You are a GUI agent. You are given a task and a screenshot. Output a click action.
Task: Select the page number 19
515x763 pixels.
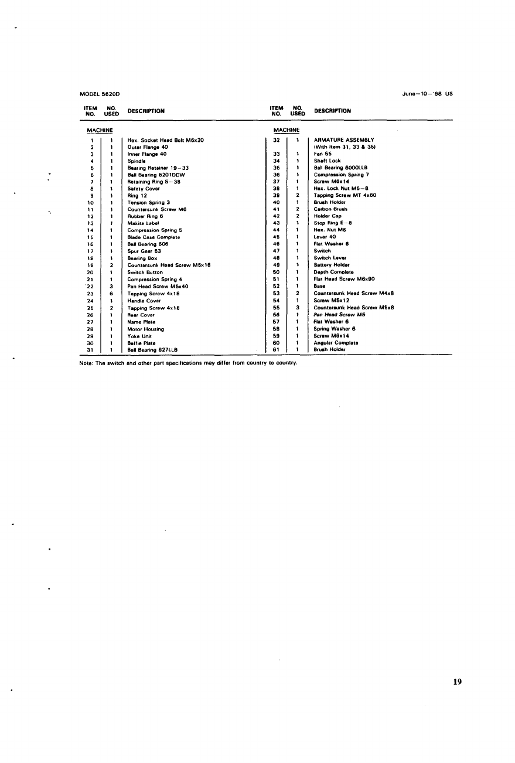[457, 681]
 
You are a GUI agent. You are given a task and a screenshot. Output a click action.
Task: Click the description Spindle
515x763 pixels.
[137, 161]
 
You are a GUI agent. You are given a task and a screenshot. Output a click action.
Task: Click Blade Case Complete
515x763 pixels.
[154, 237]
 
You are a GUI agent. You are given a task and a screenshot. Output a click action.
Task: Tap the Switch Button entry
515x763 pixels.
[145, 272]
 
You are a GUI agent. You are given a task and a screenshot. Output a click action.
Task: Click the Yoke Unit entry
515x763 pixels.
[139, 336]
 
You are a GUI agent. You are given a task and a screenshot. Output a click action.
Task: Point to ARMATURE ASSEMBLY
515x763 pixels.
[344, 140]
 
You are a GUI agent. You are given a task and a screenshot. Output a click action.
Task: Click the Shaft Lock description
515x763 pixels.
[327, 161]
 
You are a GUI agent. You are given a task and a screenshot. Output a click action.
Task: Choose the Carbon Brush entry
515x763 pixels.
[330, 209]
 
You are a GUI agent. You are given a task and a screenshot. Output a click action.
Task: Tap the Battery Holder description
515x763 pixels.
[332, 265]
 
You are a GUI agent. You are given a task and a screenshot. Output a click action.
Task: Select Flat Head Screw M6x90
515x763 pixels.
[344, 279]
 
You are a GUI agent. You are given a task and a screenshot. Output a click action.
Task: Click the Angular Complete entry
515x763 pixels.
[336, 343]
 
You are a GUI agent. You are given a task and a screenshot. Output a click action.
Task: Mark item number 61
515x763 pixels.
[276, 350]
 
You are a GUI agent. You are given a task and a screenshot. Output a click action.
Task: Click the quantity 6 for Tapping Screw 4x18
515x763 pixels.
[111, 293]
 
